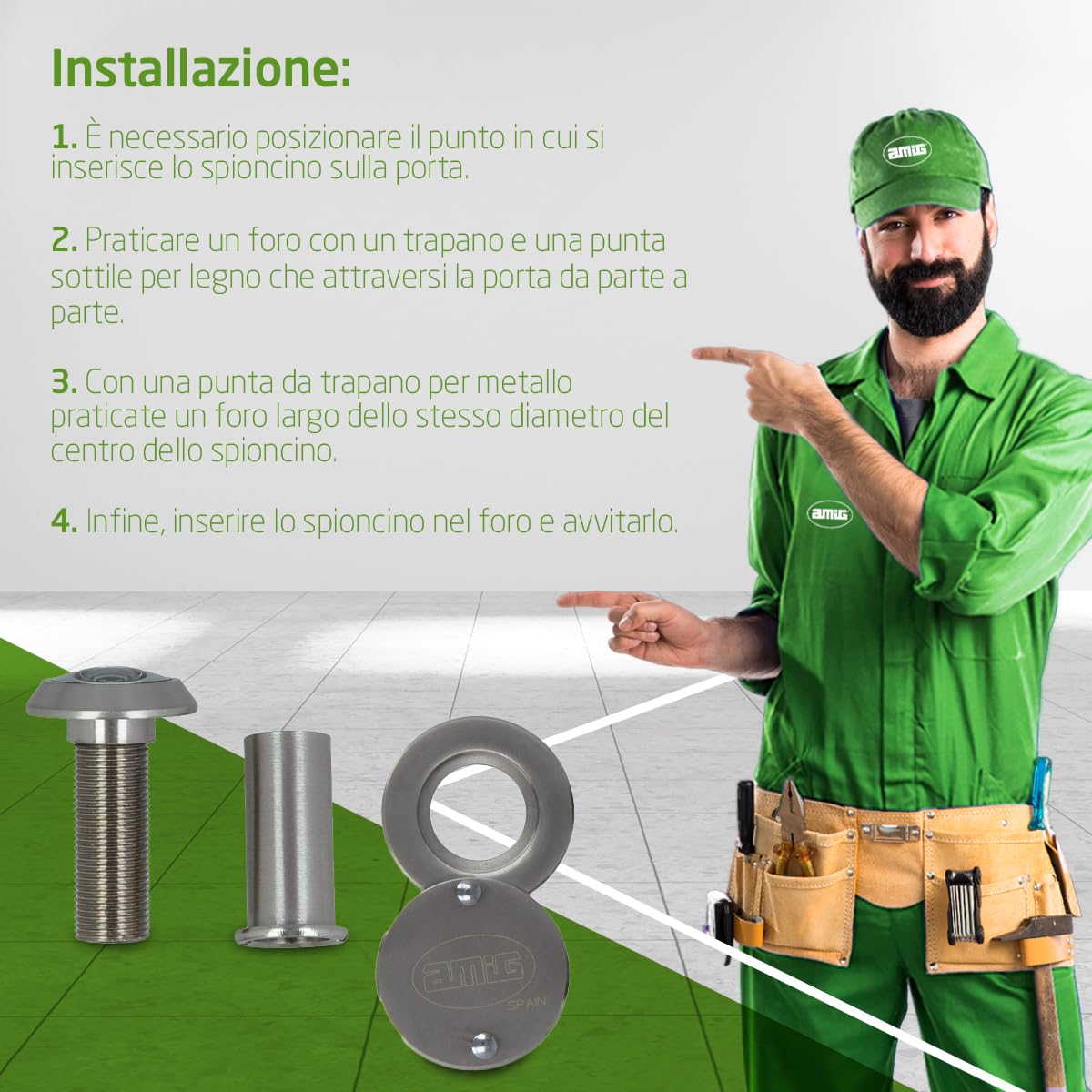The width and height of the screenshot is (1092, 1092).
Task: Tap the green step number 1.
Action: click(64, 137)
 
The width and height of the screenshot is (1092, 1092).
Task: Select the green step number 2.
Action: click(64, 240)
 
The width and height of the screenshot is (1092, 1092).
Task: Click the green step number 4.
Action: click(64, 521)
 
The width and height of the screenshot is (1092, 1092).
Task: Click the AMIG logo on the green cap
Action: click(906, 149)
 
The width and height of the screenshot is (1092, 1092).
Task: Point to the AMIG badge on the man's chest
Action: click(829, 514)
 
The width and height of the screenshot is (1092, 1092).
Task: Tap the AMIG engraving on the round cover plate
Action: click(470, 975)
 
